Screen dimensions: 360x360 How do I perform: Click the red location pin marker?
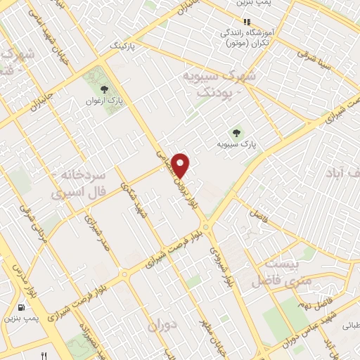181,165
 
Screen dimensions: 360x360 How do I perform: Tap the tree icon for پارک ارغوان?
105,89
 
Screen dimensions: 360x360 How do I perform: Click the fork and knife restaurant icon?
46,354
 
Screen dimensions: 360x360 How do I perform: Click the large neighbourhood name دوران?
161,327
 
